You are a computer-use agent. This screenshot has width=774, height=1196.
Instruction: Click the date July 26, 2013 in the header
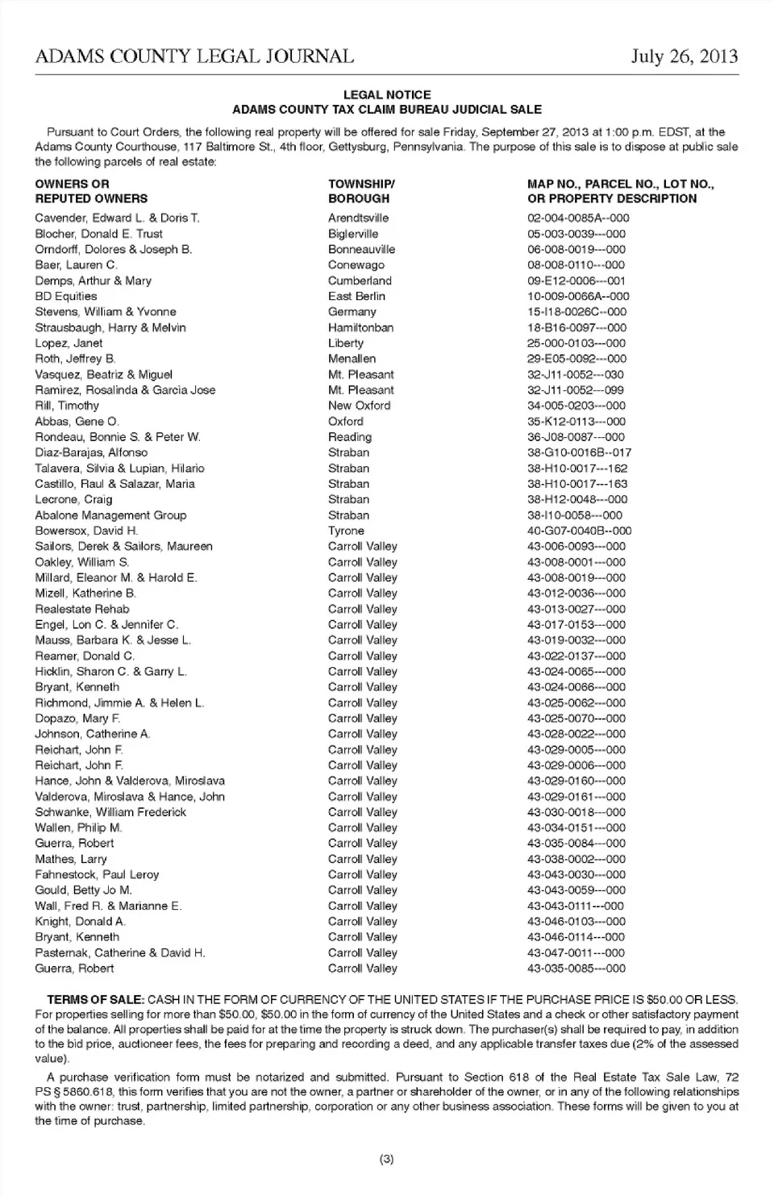tap(684, 56)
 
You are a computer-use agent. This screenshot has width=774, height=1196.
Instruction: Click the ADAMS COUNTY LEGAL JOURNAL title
tap(194, 56)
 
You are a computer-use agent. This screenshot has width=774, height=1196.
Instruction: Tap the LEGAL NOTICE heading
tap(387, 94)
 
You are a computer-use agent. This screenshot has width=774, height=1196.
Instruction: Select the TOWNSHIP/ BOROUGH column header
tap(361, 191)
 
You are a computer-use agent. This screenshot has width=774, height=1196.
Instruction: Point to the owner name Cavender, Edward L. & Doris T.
tap(117, 218)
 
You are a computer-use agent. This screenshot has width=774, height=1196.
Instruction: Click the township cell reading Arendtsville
tap(358, 218)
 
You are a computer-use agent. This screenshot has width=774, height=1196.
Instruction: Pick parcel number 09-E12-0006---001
tap(576, 281)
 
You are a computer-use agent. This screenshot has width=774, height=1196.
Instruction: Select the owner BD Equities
tap(66, 296)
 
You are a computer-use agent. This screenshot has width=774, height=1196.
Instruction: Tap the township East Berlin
tap(356, 296)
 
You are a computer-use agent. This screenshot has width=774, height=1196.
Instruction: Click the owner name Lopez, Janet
tap(69, 343)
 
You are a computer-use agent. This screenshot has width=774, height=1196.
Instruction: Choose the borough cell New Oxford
tap(359, 406)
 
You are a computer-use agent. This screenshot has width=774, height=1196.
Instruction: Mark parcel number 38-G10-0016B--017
tap(580, 452)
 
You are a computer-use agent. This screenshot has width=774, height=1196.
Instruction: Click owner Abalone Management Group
tap(110, 515)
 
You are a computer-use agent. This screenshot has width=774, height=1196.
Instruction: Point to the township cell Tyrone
tap(346, 531)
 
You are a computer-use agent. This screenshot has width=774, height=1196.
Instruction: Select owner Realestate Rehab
tap(82, 609)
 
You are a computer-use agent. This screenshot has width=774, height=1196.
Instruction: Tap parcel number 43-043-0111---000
tap(576, 906)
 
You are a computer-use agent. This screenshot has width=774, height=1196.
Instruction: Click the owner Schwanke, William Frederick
tap(110, 812)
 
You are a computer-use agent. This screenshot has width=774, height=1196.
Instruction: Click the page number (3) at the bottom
tap(386, 1160)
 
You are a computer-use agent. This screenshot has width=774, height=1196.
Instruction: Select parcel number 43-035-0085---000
tap(576, 969)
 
